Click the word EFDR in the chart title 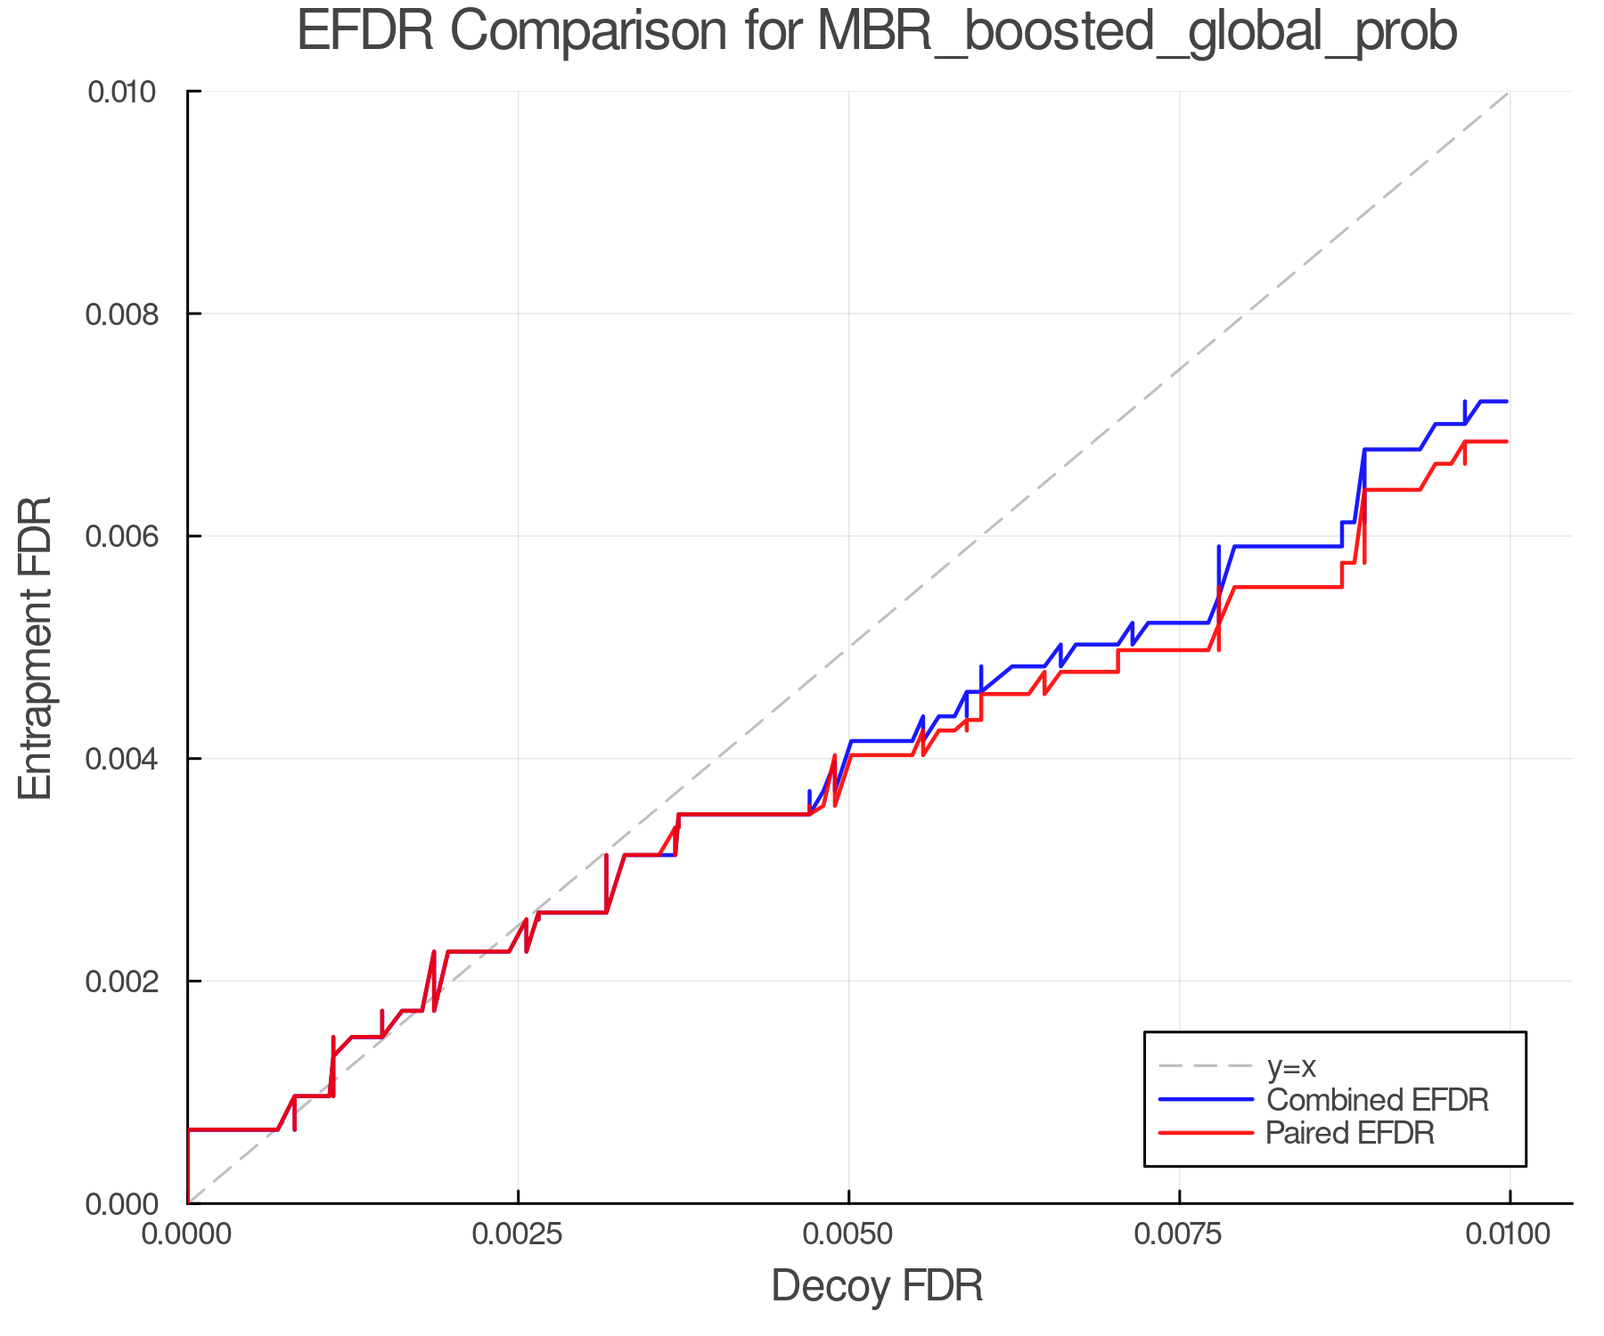364,32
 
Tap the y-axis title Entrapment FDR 36,648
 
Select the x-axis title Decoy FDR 877,1286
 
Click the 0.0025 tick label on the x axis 518,1234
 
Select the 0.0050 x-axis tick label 848,1234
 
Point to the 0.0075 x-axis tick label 1179,1234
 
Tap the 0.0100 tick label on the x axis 1509,1234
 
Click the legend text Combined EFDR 1378,1100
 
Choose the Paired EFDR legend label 1351,1133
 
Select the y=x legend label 1291,1066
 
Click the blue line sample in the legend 1206,1100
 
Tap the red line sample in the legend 1206,1133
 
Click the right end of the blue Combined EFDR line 1506,402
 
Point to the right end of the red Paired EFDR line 1506,442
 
